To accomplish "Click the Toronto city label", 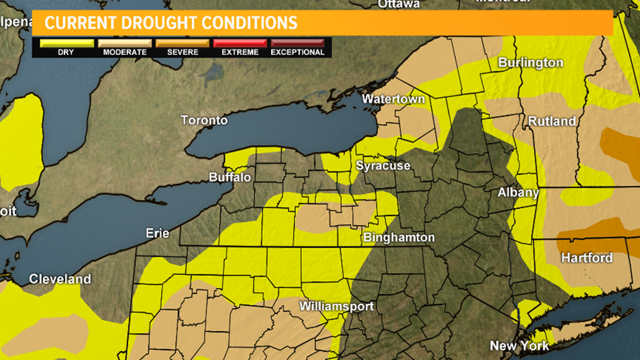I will [204, 120].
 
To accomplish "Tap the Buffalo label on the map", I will [230, 177].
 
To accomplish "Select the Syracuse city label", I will [383, 166].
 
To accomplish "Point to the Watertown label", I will [393, 99].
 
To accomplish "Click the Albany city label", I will [518, 193].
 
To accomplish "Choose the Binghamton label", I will [399, 238].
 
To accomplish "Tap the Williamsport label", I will [337, 307].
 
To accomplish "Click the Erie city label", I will [158, 233].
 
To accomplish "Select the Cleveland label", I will [60, 279].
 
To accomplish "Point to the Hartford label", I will [587, 258].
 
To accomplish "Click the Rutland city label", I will [552, 121].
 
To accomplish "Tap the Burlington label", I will [531, 62].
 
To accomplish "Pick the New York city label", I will [519, 345].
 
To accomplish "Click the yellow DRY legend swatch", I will [67, 43].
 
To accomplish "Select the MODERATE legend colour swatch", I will [125, 43].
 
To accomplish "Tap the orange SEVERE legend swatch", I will [182, 43].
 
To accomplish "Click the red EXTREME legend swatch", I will [240, 43].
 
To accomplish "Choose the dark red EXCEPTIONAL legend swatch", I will [298, 43].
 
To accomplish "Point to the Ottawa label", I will [399, 4].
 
